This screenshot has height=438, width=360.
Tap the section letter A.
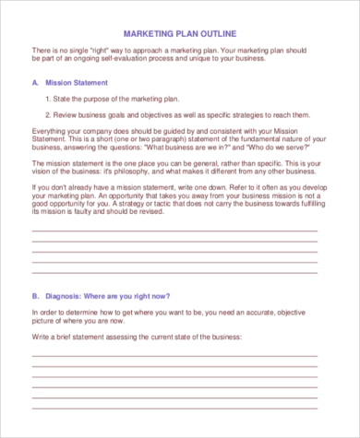pyautogui.click(x=35, y=82)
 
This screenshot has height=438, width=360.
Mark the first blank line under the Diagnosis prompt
pyautogui.click(x=174, y=355)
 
